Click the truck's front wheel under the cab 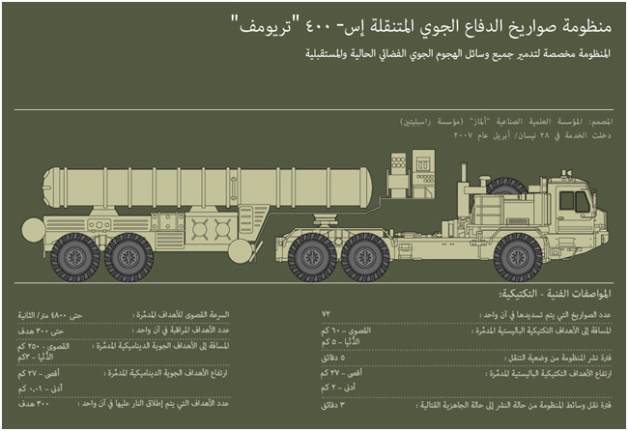(519, 256)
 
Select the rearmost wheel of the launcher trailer (75, 256)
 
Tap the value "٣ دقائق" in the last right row (337, 405)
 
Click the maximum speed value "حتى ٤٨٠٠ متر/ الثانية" (52, 315)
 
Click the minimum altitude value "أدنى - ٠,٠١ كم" (39, 388)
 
